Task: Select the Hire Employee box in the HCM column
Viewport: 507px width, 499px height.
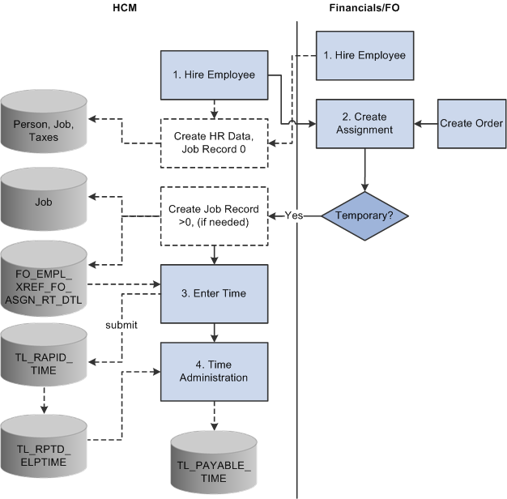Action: click(215, 75)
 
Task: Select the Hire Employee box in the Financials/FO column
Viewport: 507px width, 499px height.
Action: click(364, 55)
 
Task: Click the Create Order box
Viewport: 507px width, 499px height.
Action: click(471, 124)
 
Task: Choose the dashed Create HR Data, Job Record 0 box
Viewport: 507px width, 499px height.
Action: click(215, 143)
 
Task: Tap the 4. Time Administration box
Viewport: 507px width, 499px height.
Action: click(215, 370)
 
